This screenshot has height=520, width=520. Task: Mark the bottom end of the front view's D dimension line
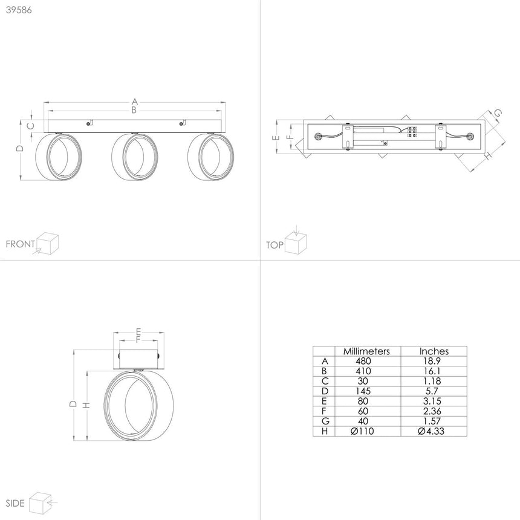(x=21, y=180)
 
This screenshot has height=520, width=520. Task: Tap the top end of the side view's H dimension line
(x=87, y=371)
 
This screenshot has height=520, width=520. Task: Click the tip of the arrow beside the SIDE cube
(x=47, y=502)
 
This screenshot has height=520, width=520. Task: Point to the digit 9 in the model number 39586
(x=13, y=10)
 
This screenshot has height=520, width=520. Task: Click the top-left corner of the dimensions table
(x=313, y=346)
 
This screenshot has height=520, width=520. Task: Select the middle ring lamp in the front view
(x=135, y=157)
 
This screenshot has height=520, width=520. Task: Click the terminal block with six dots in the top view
(x=412, y=132)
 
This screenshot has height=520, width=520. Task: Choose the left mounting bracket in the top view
(x=347, y=136)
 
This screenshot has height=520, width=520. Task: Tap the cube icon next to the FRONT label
(x=47, y=244)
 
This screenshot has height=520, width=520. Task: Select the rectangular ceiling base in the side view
(x=138, y=359)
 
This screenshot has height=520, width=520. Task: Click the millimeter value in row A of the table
(x=363, y=361)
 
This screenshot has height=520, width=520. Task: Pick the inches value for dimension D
(x=432, y=391)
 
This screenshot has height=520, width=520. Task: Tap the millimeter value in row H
(x=362, y=431)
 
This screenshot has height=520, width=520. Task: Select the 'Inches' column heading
(x=434, y=351)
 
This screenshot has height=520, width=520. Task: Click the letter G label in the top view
(x=498, y=113)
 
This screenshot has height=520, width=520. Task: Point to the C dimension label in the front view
(x=30, y=126)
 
